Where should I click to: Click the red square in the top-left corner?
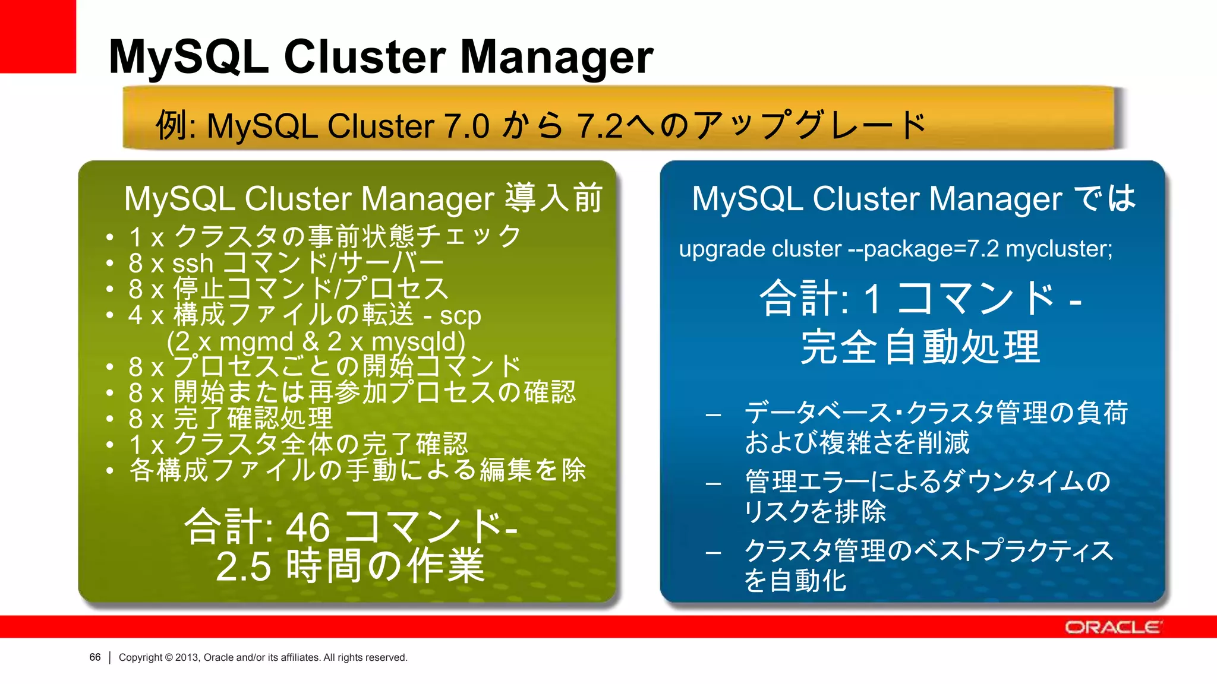pyautogui.click(x=37, y=36)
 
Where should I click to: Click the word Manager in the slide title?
pyautogui.click(x=557, y=58)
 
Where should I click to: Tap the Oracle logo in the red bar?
pyautogui.click(x=1112, y=627)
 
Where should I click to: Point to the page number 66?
pyautogui.click(x=94, y=657)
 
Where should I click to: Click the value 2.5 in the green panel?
pyautogui.click(x=244, y=566)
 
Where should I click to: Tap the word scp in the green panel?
pyautogui.click(x=460, y=316)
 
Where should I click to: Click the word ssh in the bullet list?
pyautogui.click(x=193, y=263)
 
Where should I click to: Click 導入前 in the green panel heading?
pyautogui.click(x=554, y=198)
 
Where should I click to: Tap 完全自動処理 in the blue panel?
pyautogui.click(x=920, y=347)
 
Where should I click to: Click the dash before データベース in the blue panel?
pyautogui.click(x=713, y=415)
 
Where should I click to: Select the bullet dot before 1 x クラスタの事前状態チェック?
pyautogui.click(x=109, y=237)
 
